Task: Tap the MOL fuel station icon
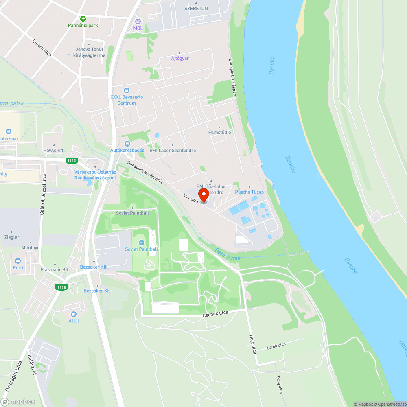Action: [138, 21]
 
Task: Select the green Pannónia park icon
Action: [83, 18]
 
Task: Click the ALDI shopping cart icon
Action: [74, 314]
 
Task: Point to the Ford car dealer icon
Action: [18, 261]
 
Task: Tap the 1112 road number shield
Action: [72, 161]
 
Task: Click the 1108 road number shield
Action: [61, 288]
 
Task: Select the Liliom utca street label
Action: [42, 48]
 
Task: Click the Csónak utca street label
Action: [215, 314]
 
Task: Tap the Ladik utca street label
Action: [276, 346]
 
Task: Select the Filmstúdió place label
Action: [219, 132]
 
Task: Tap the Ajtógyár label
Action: [180, 58]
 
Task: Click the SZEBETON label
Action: [196, 8]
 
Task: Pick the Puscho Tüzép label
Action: [249, 192]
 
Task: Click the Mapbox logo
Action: [18, 402]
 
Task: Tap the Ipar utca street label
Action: [191, 198]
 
